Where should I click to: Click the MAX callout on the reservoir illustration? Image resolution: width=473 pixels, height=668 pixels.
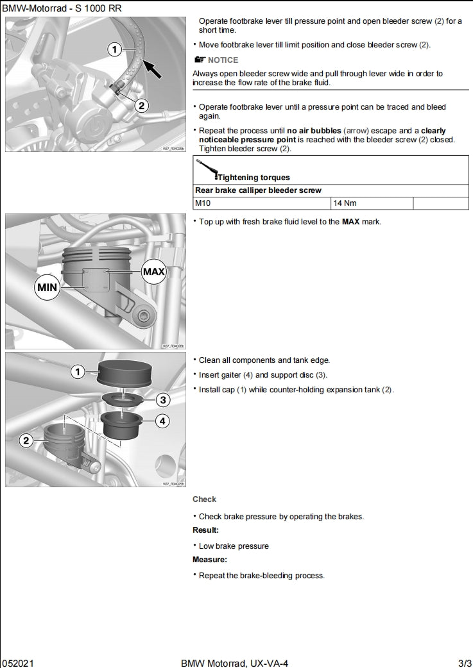click(x=154, y=271)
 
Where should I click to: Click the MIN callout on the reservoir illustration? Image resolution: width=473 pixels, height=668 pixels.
click(x=47, y=287)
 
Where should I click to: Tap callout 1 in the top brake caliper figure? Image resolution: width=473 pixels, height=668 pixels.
click(x=114, y=49)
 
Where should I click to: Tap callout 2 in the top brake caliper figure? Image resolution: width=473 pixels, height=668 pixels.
click(x=142, y=106)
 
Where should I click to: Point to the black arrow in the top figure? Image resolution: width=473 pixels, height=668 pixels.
click(x=151, y=66)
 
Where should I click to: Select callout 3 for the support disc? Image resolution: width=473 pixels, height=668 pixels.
click(x=163, y=400)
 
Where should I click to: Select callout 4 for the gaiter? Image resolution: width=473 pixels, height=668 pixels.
click(x=163, y=421)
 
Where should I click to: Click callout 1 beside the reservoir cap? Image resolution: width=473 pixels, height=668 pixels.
click(x=78, y=372)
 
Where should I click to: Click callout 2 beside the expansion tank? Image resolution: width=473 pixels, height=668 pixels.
click(x=26, y=440)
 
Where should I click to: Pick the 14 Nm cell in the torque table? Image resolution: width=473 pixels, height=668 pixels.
click(x=344, y=203)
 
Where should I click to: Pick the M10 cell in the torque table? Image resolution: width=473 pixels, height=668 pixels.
click(x=203, y=203)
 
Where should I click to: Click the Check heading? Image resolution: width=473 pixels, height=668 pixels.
click(x=204, y=499)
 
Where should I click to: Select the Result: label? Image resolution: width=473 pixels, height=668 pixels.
click(x=205, y=530)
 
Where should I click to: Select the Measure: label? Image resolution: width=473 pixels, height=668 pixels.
click(x=209, y=560)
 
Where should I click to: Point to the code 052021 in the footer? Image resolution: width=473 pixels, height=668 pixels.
click(x=17, y=663)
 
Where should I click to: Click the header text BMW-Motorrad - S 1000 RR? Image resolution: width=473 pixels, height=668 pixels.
click(x=62, y=8)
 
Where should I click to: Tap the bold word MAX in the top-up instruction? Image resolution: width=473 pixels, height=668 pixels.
click(x=350, y=222)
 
